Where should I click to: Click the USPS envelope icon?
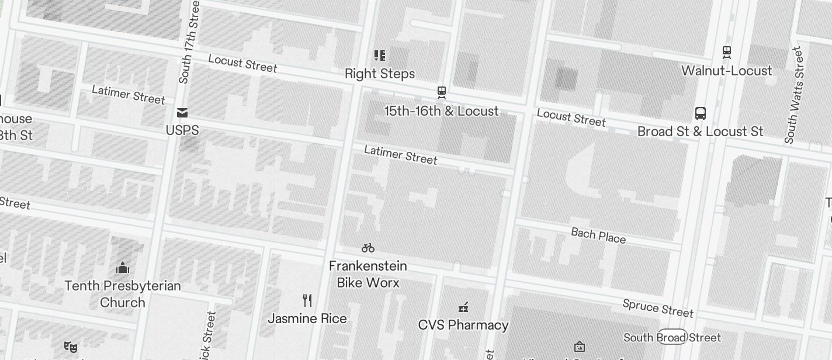click(x=182, y=112)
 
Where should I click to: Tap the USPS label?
click(x=182, y=130)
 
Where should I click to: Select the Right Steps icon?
click(x=380, y=56)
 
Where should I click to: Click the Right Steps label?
click(x=380, y=74)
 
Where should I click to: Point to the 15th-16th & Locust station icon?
click(x=442, y=92)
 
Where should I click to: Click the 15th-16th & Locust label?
click(x=442, y=111)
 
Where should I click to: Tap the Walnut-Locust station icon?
click(x=727, y=52)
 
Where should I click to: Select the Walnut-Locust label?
click(x=727, y=71)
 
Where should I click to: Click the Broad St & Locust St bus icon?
click(x=701, y=113)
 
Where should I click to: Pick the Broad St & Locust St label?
click(x=700, y=131)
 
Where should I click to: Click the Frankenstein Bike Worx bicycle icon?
click(x=368, y=248)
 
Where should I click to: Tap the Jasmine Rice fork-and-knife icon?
click(x=307, y=300)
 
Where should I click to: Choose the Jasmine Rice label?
click(x=307, y=319)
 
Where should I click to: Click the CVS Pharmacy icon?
click(x=463, y=307)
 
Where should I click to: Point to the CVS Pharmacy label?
click(x=463, y=325)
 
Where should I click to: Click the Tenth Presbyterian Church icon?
click(x=123, y=268)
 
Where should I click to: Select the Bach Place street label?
click(x=598, y=236)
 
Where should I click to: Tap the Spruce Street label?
click(x=658, y=307)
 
